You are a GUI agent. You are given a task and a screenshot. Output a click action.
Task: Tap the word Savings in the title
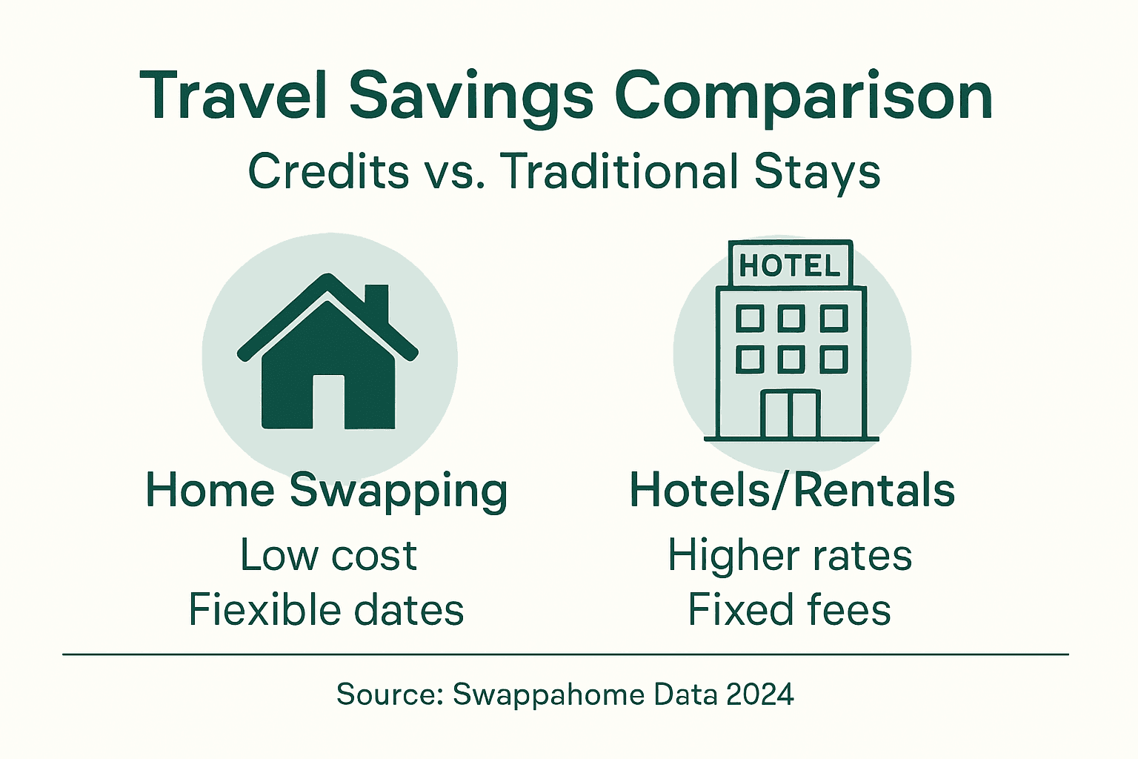[x=471, y=96]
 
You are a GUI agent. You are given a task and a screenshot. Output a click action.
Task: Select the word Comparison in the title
[x=803, y=96]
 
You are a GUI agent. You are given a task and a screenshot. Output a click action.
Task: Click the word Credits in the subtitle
[x=328, y=171]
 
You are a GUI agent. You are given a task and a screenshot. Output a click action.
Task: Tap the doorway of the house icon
[x=328, y=401]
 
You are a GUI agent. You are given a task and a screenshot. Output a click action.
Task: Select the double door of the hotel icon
[x=791, y=414]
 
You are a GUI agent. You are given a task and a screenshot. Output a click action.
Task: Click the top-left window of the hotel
[x=750, y=319]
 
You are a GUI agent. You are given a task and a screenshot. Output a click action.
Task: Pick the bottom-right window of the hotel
[x=833, y=359]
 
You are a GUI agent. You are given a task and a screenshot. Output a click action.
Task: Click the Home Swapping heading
[x=327, y=491]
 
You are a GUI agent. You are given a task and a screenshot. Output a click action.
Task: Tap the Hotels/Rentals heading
[x=792, y=491]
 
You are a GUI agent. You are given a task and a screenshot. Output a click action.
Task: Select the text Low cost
[x=328, y=555]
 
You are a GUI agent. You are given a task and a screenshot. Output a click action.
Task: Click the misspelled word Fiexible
[x=264, y=609]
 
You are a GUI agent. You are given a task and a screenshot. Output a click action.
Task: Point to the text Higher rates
[x=790, y=555]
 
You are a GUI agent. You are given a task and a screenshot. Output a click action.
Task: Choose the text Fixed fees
[x=790, y=609]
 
